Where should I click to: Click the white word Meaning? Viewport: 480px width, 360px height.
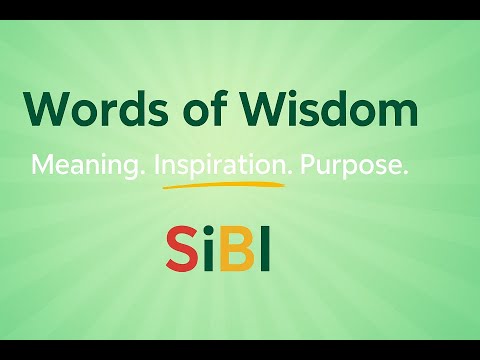coord(85,167)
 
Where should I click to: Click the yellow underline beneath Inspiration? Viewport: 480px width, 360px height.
coord(220,184)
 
